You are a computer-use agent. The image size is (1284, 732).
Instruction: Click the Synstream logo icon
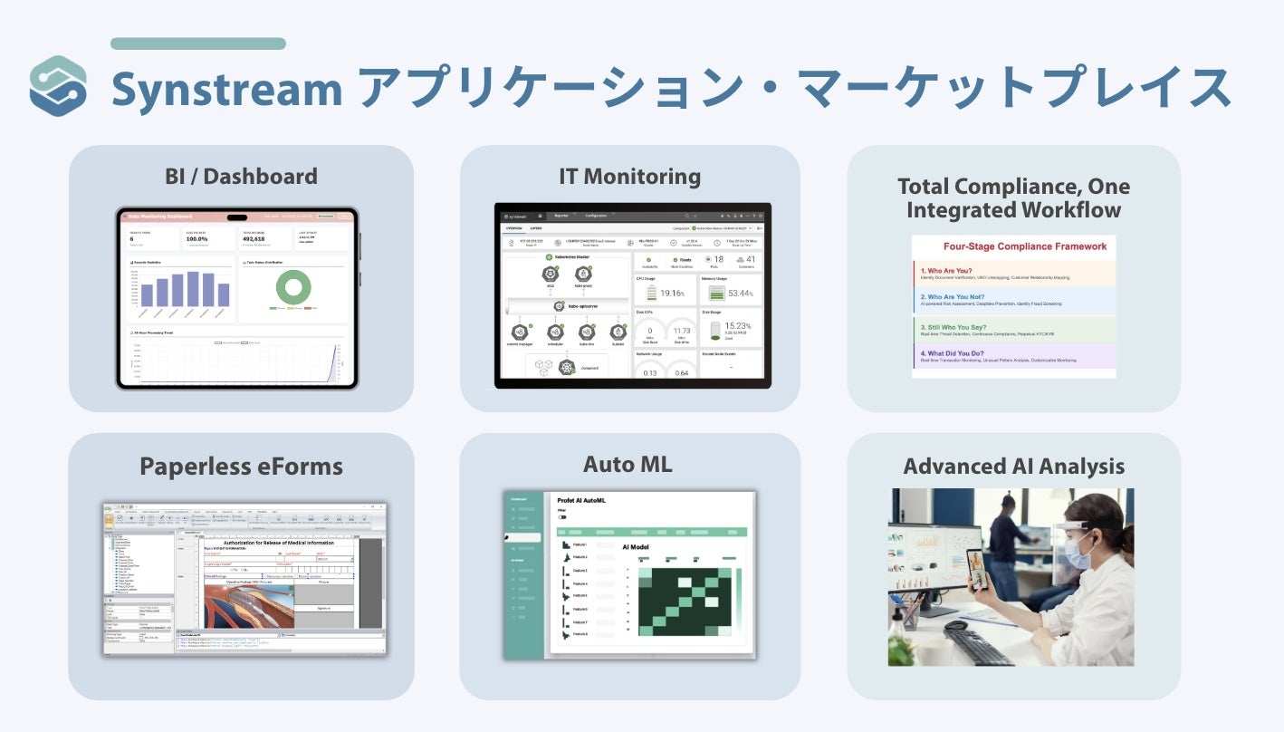coord(58,86)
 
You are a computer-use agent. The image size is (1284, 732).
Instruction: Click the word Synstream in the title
coord(226,90)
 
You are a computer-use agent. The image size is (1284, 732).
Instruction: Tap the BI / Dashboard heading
coord(241,176)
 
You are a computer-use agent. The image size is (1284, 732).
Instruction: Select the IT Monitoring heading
coord(629,176)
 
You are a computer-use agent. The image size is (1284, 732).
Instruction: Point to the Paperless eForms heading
coord(241,467)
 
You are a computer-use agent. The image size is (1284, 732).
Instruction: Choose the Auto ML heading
coord(628,466)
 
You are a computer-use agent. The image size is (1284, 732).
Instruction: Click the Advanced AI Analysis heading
coord(1013,467)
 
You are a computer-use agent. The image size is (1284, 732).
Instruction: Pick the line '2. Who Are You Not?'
coord(963,296)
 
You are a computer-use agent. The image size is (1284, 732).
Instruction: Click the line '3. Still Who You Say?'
coord(965,327)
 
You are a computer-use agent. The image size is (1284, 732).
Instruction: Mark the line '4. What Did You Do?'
coord(963,353)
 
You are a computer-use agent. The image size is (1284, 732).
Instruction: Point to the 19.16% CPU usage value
coord(672,294)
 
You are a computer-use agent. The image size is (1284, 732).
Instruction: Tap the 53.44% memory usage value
coord(740,294)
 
